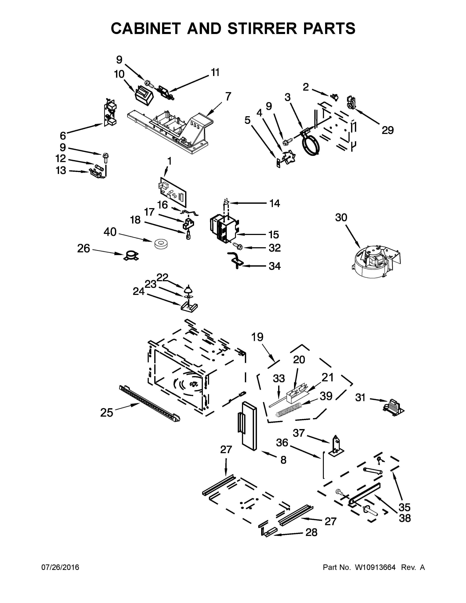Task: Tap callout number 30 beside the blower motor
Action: [341, 218]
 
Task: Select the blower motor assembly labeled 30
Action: [376, 261]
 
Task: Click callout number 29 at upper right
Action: [388, 130]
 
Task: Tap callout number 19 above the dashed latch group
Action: [257, 337]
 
